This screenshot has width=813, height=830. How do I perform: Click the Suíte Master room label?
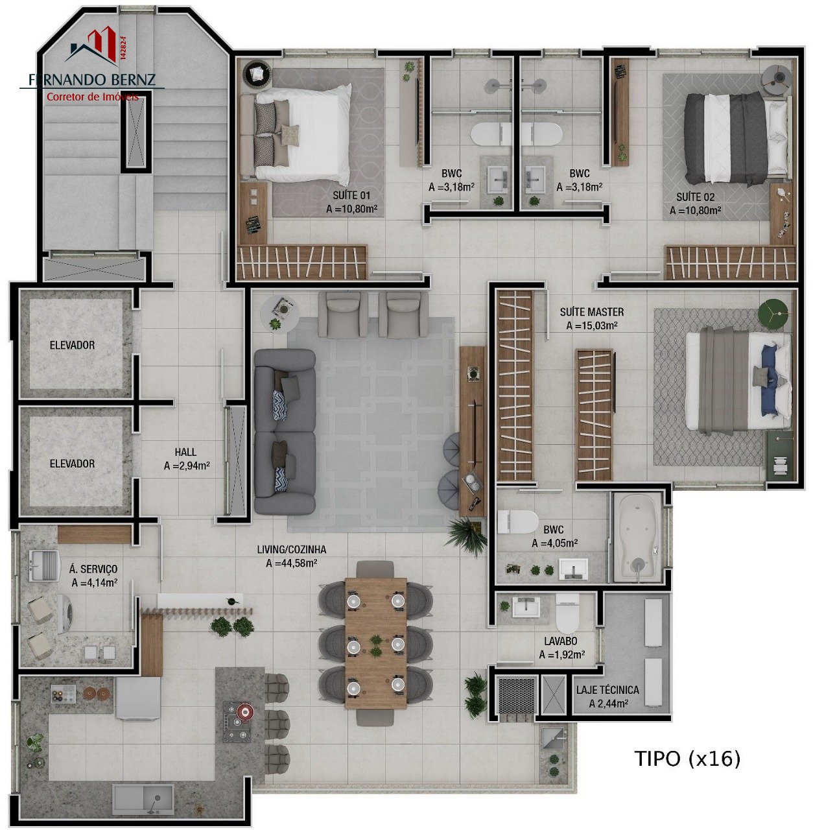click(591, 311)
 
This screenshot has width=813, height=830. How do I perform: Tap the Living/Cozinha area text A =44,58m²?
click(291, 563)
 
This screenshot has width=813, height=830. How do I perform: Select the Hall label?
click(185, 452)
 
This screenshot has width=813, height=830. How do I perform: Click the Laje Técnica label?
click(607, 689)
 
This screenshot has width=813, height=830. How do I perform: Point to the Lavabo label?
click(560, 641)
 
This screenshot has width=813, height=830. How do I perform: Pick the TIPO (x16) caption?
click(687, 759)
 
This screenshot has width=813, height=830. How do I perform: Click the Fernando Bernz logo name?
click(92, 80)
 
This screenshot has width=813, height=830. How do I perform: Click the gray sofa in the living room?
click(285, 432)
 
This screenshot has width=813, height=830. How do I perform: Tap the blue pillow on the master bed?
click(768, 380)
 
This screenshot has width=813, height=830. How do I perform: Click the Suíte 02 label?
click(695, 197)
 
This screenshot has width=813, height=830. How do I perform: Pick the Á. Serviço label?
click(93, 569)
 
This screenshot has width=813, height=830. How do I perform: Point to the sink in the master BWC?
click(573, 569)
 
